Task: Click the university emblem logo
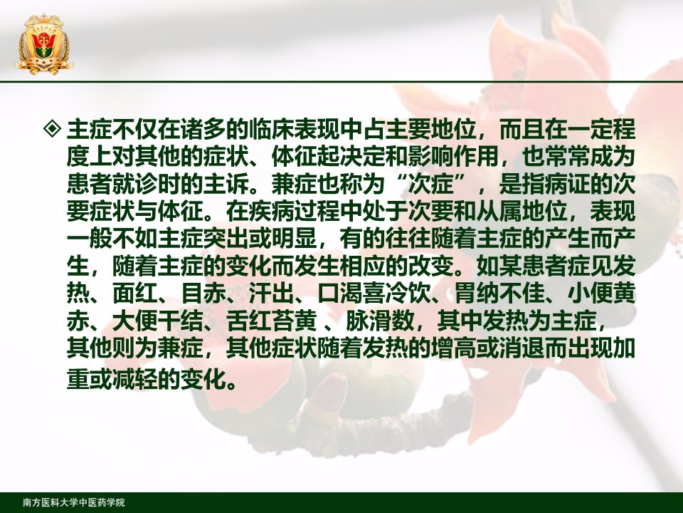(43, 43)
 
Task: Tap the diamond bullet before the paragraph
(53, 128)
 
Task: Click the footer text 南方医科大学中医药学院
(74, 502)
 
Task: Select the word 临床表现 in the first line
(294, 129)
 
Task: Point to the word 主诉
(226, 184)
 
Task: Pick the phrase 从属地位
(521, 212)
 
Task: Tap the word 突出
(226, 239)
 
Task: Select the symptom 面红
(134, 294)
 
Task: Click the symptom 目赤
(203, 294)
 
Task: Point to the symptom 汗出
(271, 294)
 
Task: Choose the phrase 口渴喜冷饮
(374, 294)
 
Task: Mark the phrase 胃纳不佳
(499, 294)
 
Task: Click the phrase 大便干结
(157, 321)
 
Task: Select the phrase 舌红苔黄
(271, 321)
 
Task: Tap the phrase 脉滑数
(380, 321)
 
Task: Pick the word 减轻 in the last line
(134, 379)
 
